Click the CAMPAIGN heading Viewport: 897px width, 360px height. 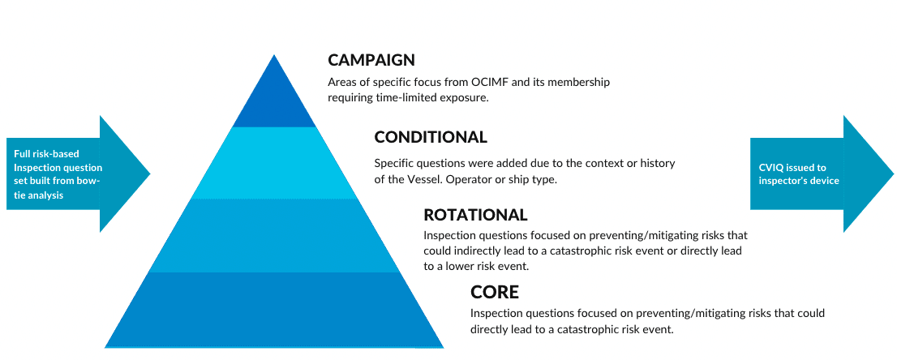(x=371, y=60)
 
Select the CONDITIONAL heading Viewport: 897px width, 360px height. (x=431, y=137)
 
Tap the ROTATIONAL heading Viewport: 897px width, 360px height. (x=475, y=215)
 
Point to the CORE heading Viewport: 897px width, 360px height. (x=495, y=292)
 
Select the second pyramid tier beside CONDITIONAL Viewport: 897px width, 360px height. (x=274, y=162)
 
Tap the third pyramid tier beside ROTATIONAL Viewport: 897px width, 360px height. (x=274, y=235)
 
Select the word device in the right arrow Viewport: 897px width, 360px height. (x=823, y=180)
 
